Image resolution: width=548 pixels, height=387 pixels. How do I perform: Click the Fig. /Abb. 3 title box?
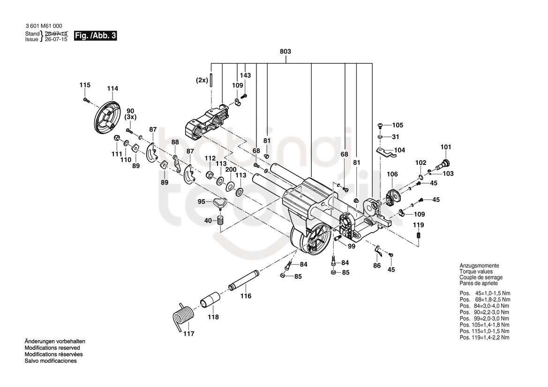click(95, 36)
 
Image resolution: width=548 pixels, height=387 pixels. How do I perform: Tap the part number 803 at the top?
click(285, 52)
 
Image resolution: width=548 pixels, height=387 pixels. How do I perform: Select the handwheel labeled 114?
click(107, 117)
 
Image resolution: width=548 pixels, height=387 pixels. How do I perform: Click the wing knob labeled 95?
click(220, 202)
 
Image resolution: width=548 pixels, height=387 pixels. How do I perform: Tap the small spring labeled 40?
click(220, 220)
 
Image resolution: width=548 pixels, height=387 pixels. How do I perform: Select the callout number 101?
click(446, 147)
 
